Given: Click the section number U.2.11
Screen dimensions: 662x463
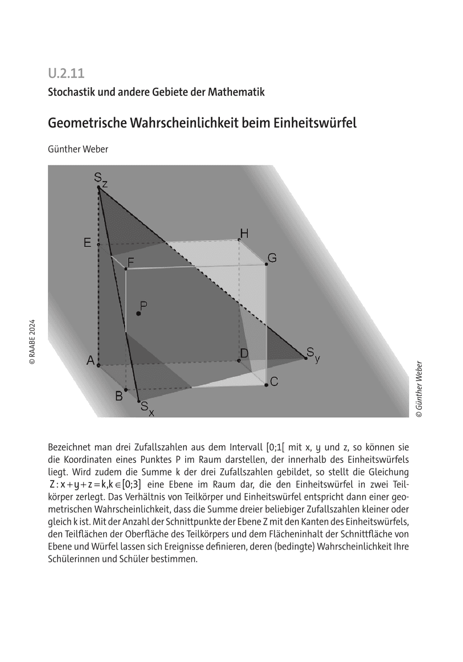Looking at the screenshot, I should pos(66,72).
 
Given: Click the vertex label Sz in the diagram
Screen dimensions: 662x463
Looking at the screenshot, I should pos(99,178).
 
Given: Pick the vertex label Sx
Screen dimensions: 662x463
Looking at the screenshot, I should pos(146,409).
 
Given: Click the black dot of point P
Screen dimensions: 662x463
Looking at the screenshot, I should pos(138,313).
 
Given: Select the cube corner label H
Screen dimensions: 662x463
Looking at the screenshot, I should pos(244,233).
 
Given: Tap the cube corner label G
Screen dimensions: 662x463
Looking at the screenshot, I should pos(272,258).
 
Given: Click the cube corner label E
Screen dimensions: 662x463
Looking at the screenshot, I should pos(87,243).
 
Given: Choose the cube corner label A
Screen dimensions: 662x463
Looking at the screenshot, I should pos(90,361).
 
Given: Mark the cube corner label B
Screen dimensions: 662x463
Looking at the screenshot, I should pos(119,396).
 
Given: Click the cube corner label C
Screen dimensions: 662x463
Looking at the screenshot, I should pos(273,381).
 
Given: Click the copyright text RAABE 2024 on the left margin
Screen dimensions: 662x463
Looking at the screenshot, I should pos(32,342).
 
